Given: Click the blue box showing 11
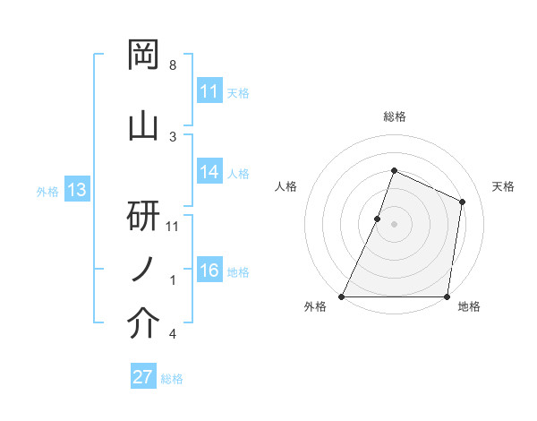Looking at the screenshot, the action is point(209,91).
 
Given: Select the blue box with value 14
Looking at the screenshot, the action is point(209,173).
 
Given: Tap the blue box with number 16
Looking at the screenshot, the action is point(209,271).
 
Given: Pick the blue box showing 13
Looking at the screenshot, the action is point(76,190).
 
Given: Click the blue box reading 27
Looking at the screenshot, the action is point(143,377).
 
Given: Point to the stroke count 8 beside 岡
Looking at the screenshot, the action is point(173,66).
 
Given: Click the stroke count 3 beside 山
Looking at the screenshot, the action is point(173,136).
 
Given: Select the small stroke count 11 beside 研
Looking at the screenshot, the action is point(174,226).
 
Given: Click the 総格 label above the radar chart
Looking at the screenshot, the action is point(394,116).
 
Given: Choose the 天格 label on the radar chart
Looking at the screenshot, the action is point(503,186).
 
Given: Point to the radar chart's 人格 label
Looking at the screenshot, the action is point(286,186).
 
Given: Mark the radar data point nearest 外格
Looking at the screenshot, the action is point(342,296).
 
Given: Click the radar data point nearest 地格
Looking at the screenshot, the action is point(447,296).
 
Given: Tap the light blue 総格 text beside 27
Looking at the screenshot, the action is point(172,379).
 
